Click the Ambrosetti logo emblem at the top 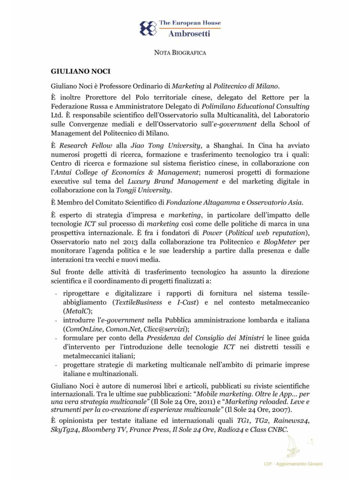pos(148,28)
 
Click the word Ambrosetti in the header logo pos(189,34)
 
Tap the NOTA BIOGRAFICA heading pos(180,52)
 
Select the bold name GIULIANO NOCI pos(81,71)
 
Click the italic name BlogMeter pos(279,242)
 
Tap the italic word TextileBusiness pos(138,302)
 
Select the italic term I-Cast pos(187,302)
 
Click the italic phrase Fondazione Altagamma pos(203,202)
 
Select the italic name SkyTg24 pos(64,430)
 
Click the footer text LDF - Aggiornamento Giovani pos(293,464)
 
